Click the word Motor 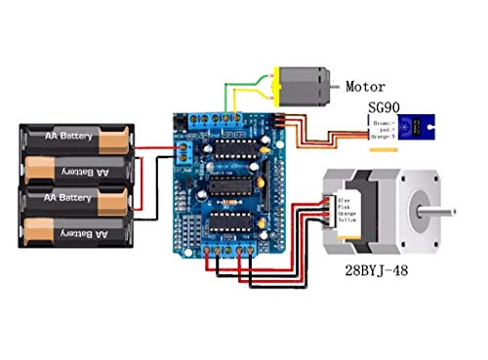[366, 86]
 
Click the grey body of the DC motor [305, 86]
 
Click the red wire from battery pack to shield [161, 148]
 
